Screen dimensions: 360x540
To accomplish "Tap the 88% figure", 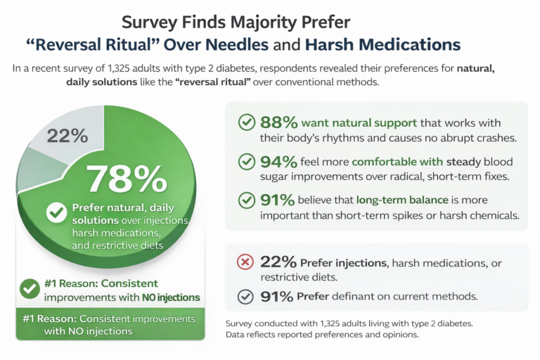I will (278, 122).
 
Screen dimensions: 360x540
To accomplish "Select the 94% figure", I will (278, 162).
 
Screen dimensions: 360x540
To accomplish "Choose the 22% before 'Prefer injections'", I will (278, 262).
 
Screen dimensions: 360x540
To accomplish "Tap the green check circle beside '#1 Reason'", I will (29, 288).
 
